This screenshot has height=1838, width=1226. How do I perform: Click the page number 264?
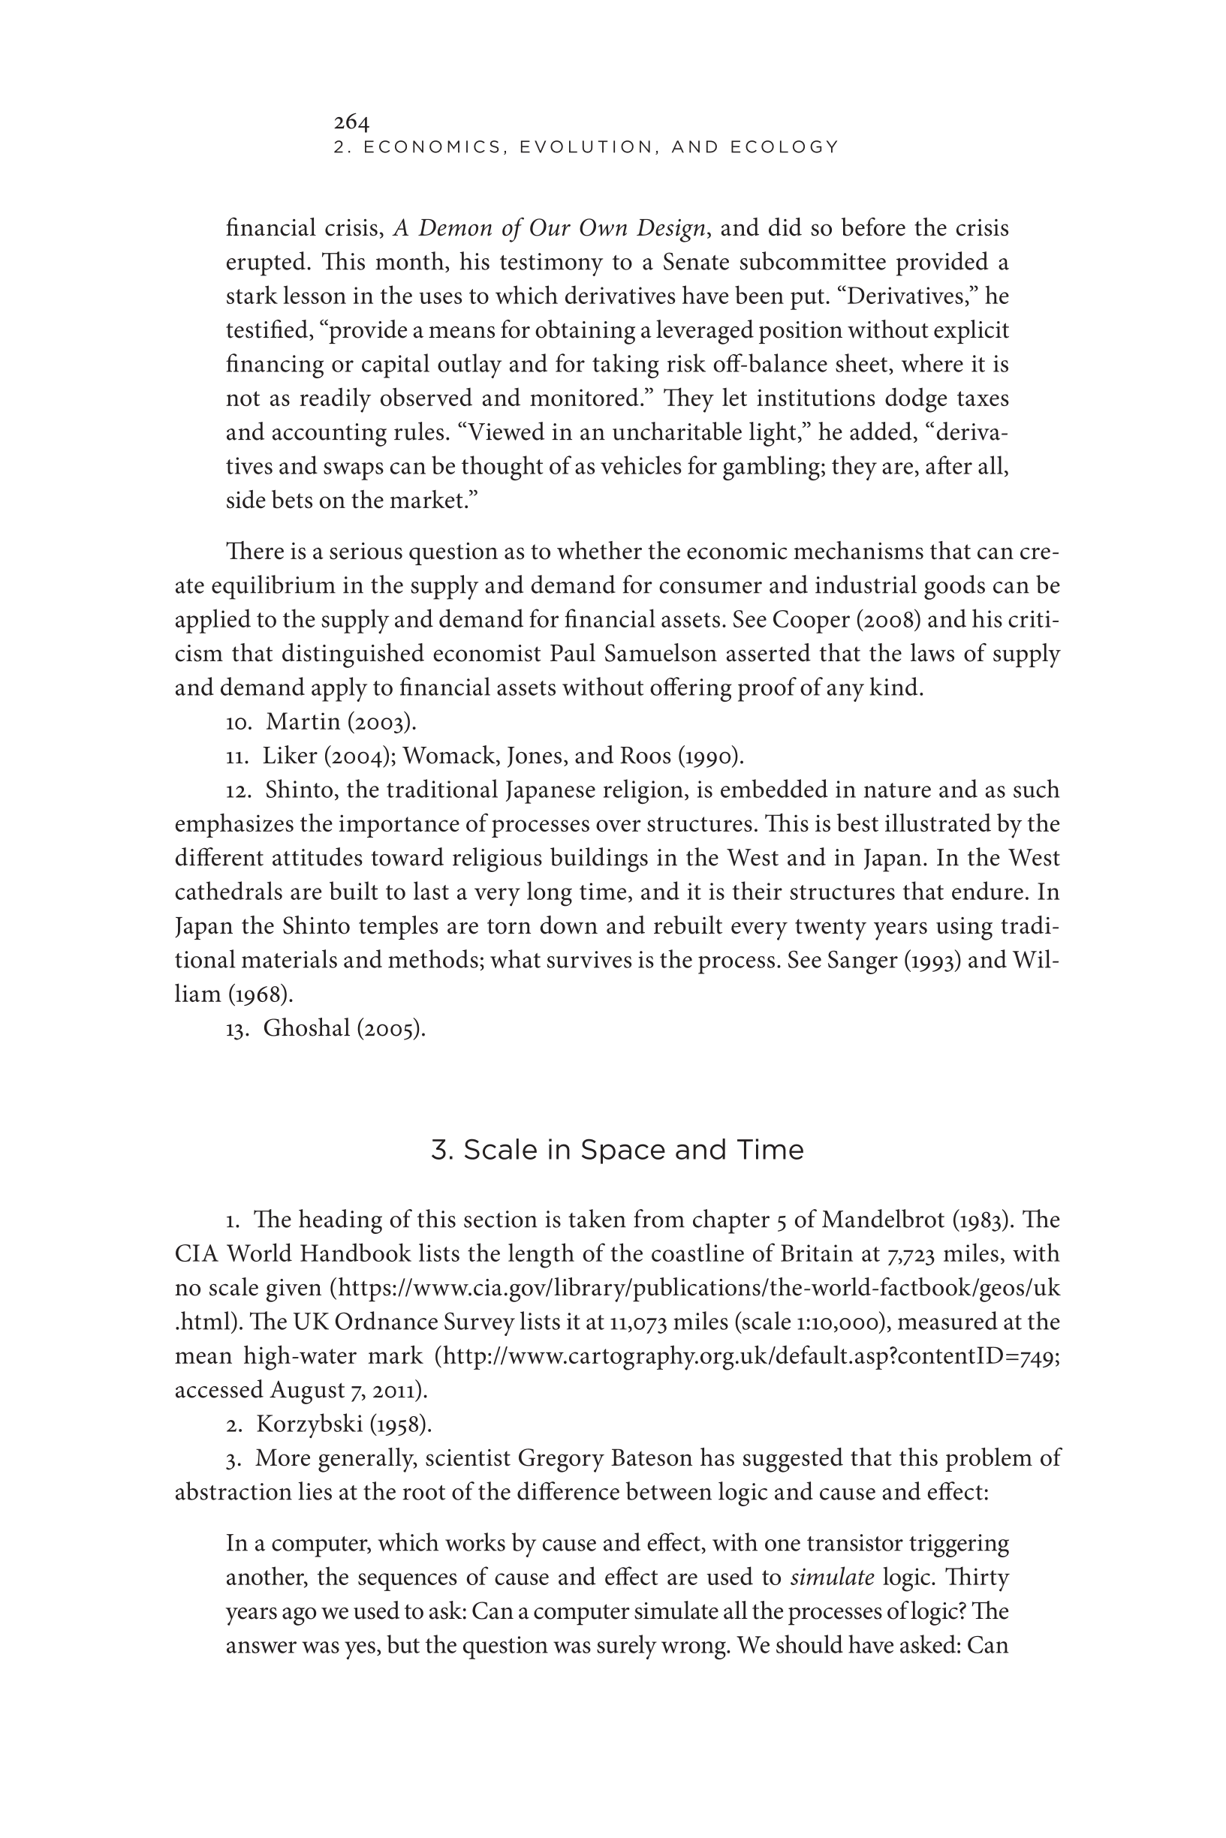tap(351, 122)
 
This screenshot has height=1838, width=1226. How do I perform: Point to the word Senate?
tap(696, 262)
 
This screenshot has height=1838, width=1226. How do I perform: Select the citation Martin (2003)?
tap(341, 722)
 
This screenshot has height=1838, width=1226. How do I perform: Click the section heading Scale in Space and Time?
tap(617, 1150)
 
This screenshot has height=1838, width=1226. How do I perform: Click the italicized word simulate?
tap(832, 1577)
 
